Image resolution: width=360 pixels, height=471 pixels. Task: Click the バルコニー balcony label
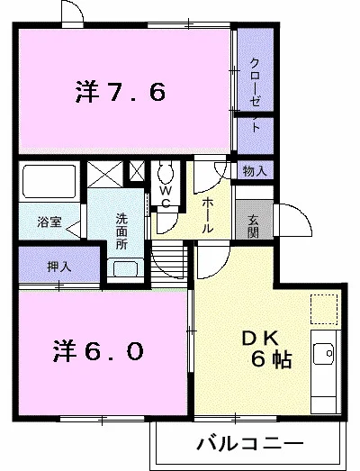(246, 444)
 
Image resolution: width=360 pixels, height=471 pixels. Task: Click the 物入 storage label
(254, 170)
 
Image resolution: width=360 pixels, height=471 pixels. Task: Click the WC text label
(166, 197)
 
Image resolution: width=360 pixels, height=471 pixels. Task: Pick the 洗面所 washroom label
(121, 231)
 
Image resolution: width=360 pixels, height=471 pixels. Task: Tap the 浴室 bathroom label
(49, 221)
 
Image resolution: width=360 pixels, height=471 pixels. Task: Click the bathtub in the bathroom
(49, 183)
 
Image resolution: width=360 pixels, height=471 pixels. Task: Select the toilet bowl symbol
(166, 172)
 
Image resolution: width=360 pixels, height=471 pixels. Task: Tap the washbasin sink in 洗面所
(123, 267)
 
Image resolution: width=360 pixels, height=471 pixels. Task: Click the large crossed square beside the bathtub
(103, 174)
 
